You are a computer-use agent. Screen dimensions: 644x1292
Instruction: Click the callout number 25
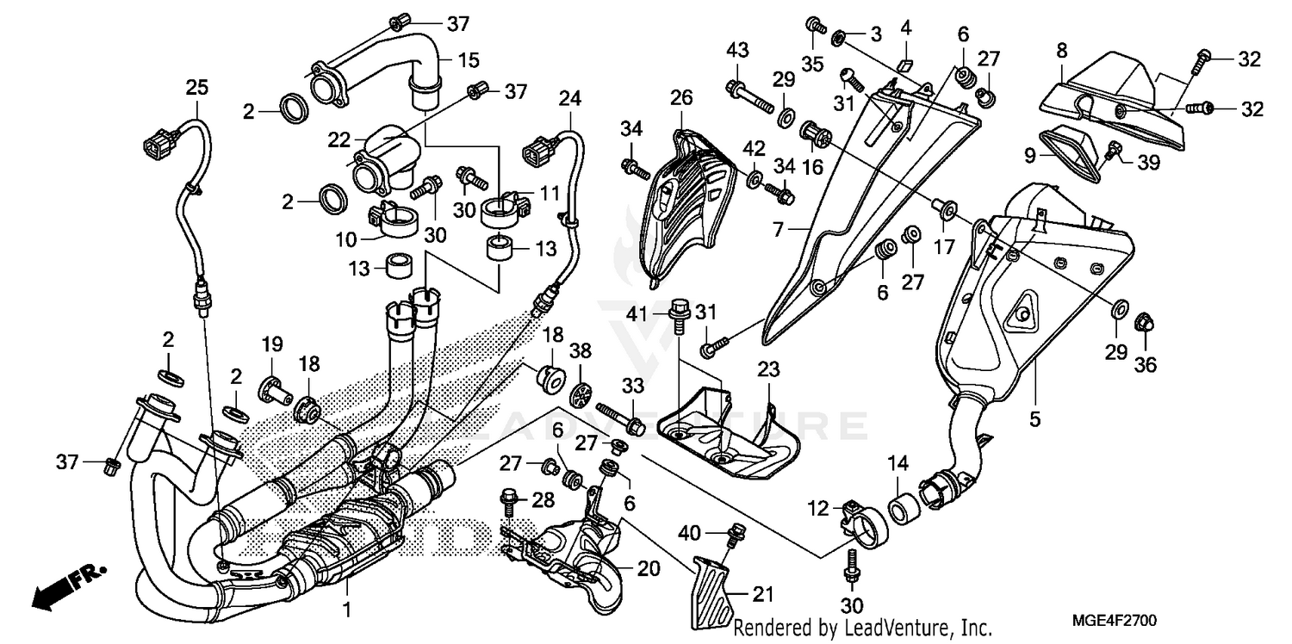click(x=196, y=88)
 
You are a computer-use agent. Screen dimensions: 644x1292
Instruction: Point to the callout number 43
click(x=736, y=51)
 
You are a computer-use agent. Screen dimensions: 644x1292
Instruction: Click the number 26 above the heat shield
click(x=681, y=99)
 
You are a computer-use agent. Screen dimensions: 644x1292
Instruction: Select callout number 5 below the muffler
click(x=1034, y=419)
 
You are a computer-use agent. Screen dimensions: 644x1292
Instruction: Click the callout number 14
click(x=898, y=463)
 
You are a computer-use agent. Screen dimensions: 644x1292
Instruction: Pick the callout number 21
click(x=763, y=593)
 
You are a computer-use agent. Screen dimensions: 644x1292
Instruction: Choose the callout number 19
click(x=272, y=345)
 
